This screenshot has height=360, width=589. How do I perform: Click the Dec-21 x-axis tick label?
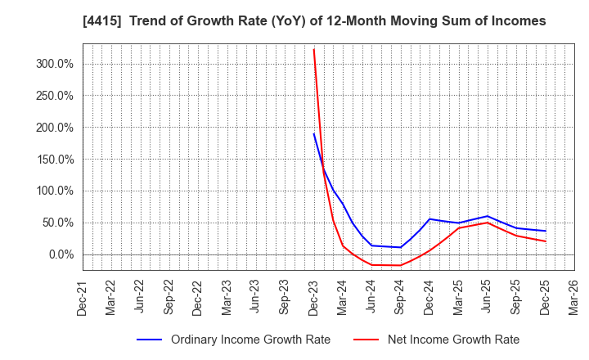[83, 297]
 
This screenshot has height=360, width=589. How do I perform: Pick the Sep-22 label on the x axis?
[169, 297]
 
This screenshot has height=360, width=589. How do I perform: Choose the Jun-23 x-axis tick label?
[255, 297]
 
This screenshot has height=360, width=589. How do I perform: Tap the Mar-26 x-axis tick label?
[573, 297]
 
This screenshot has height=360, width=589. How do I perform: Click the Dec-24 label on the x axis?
[429, 297]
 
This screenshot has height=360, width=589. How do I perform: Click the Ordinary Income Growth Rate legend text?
[250, 340]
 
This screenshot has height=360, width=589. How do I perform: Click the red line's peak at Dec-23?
[313, 49]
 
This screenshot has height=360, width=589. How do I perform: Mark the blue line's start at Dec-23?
[313, 133]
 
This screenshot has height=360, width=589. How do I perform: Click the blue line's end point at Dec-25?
[545, 231]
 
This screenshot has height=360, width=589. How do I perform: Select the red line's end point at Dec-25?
[545, 241]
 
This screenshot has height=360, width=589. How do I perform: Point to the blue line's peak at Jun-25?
[488, 216]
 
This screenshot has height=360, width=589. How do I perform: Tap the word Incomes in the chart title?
[518, 20]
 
